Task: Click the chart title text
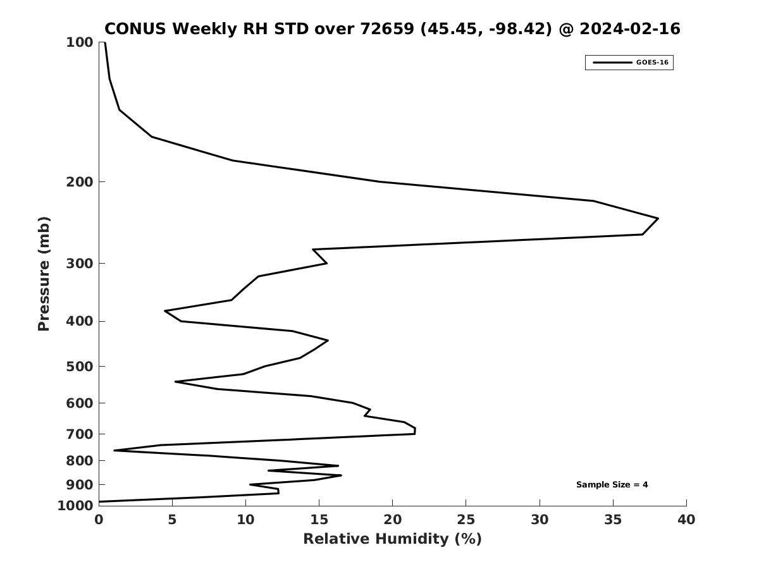click(392, 29)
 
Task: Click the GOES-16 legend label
click(652, 63)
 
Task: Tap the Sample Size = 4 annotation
click(612, 485)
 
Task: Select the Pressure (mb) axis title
click(44, 274)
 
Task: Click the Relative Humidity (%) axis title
click(392, 539)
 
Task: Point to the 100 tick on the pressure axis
click(80, 42)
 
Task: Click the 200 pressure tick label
click(80, 182)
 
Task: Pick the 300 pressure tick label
click(80, 264)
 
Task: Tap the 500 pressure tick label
click(80, 367)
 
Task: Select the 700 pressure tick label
click(80, 434)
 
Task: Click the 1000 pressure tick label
click(75, 506)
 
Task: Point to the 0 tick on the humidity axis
click(99, 520)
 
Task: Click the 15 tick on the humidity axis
click(319, 520)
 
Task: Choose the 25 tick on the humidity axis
click(466, 520)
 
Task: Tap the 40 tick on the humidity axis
click(686, 520)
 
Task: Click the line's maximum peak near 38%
click(658, 219)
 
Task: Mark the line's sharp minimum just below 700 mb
click(114, 450)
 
